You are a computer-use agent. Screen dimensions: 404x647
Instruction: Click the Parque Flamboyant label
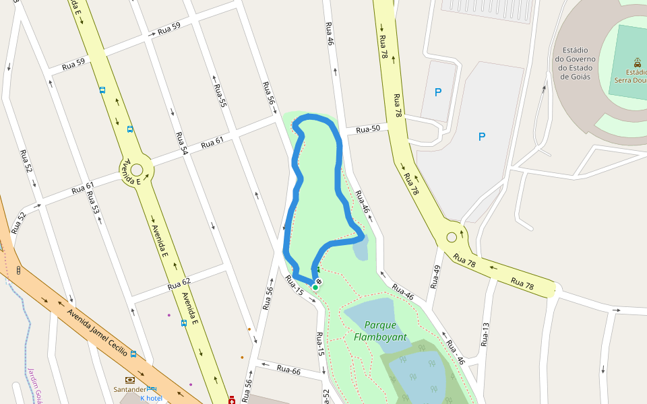pos(379,330)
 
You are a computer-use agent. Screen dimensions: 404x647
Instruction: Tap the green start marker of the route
pos(315,288)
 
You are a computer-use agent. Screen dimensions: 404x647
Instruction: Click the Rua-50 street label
pos(368,129)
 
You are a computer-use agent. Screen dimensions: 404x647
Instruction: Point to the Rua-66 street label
pos(288,370)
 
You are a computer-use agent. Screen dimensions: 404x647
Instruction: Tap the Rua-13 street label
pos(485,334)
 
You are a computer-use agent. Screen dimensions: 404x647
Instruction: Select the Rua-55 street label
pos(220,96)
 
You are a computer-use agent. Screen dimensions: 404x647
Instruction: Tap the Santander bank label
pos(129,389)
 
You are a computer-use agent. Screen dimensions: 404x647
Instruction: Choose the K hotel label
pos(151,398)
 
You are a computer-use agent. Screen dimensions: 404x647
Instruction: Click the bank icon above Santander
pos(129,380)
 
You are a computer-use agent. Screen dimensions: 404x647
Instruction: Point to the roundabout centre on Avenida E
pos(137,170)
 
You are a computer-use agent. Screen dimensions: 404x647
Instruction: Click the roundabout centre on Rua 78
pos(452,237)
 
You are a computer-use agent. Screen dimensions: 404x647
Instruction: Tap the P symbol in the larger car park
pos(481,137)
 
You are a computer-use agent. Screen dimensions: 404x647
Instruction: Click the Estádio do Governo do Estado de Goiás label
pos(572,63)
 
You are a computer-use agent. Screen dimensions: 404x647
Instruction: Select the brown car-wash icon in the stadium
pos(637,61)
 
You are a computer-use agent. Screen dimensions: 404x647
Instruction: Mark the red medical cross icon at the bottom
pos(233,400)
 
